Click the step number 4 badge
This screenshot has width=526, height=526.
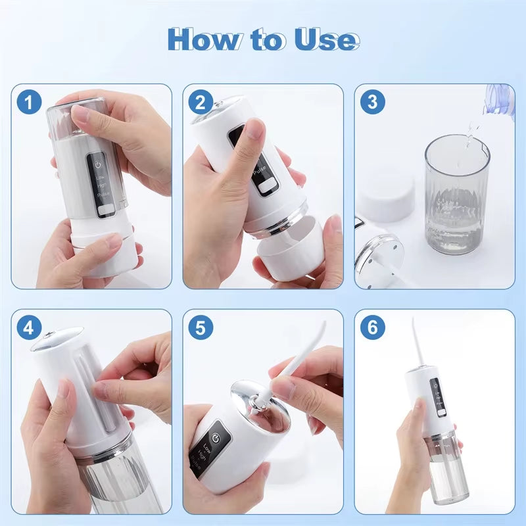tap(29, 327)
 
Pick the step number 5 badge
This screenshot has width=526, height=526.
tap(201, 327)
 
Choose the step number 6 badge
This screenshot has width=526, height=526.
tap(372, 327)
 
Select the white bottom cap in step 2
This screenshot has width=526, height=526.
tap(289, 253)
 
